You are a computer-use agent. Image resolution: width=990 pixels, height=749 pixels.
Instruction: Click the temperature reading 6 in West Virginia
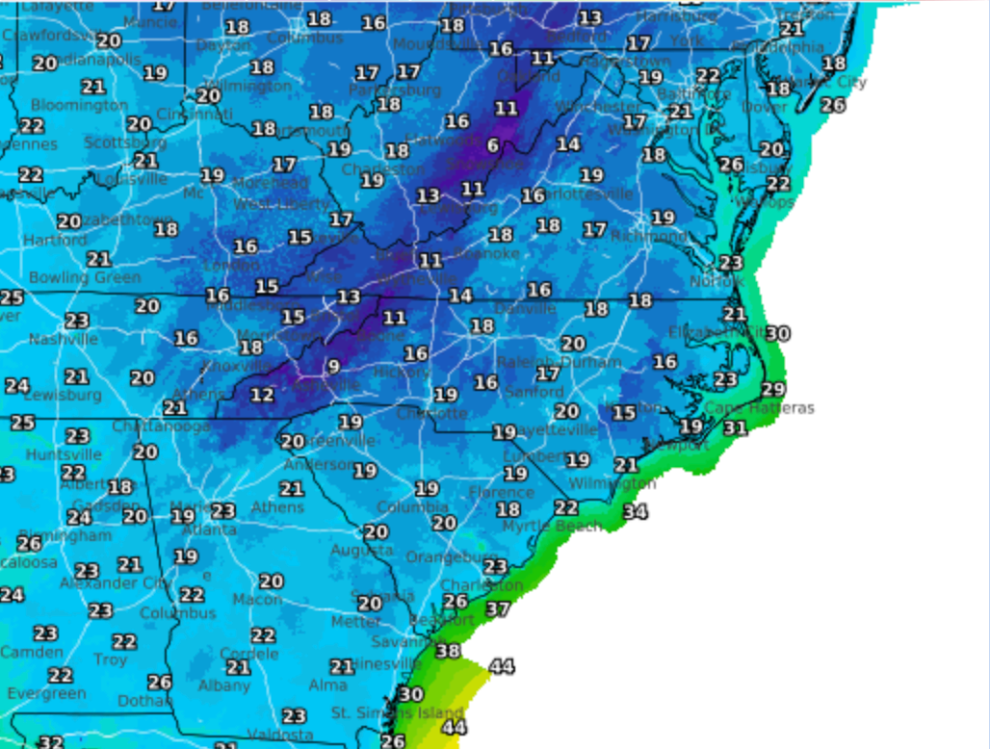point(493,146)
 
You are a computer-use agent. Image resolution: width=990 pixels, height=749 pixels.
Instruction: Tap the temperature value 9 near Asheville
point(333,366)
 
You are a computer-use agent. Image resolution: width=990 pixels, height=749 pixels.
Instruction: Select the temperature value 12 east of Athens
point(262,395)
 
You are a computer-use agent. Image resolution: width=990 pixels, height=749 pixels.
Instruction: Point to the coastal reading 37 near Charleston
point(497,609)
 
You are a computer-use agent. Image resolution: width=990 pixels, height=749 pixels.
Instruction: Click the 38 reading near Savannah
point(448,651)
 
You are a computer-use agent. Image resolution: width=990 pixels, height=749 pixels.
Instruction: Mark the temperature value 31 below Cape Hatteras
point(735,428)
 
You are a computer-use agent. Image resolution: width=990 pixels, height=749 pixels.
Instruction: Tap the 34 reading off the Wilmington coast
point(635,512)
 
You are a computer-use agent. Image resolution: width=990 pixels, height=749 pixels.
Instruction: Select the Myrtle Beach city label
point(552,527)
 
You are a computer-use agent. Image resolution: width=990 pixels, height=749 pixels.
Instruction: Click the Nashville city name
point(63,339)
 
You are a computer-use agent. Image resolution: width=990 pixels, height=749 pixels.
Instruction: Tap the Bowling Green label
point(85,277)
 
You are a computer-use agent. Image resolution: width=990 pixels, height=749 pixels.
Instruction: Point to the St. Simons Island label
point(398,713)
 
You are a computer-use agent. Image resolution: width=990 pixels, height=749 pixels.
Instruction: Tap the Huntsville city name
point(64,454)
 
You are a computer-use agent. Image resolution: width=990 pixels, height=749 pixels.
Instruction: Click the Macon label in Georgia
point(257,600)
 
